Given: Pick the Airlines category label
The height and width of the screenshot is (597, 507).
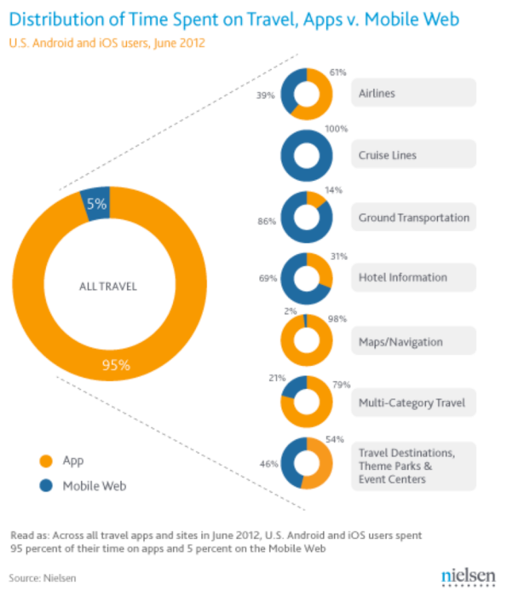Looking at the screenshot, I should [378, 94].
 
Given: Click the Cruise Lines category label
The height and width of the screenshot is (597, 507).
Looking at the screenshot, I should [388, 155].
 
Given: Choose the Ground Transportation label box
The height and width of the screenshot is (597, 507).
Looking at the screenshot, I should [413, 217].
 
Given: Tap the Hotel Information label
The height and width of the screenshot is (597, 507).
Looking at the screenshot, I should [402, 277].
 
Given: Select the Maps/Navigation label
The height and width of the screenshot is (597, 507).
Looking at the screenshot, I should [400, 342].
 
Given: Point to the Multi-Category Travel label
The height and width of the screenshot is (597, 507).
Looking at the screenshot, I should [412, 402].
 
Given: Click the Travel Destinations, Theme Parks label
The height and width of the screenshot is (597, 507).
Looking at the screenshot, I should [412, 466].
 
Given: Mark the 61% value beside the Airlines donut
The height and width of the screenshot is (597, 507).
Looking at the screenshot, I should [337, 72].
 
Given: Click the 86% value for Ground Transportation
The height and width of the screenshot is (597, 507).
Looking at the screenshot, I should [266, 221].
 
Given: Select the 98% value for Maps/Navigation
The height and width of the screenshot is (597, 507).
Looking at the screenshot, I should [337, 318].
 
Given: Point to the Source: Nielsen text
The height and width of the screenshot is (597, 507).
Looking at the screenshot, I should [45, 578].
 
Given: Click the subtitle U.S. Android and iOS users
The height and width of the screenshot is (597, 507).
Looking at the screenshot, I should [107, 42].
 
